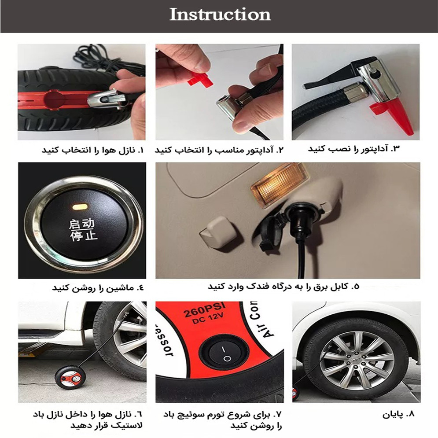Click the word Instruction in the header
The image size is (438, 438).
(x=220, y=15)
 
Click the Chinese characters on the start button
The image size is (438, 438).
(x=83, y=230)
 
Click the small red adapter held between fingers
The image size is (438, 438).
(x=200, y=80)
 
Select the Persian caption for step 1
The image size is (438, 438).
(x=92, y=150)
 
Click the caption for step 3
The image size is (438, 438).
(x=354, y=149)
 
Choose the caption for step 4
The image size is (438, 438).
(x=98, y=288)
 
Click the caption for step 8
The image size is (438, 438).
(x=399, y=414)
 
